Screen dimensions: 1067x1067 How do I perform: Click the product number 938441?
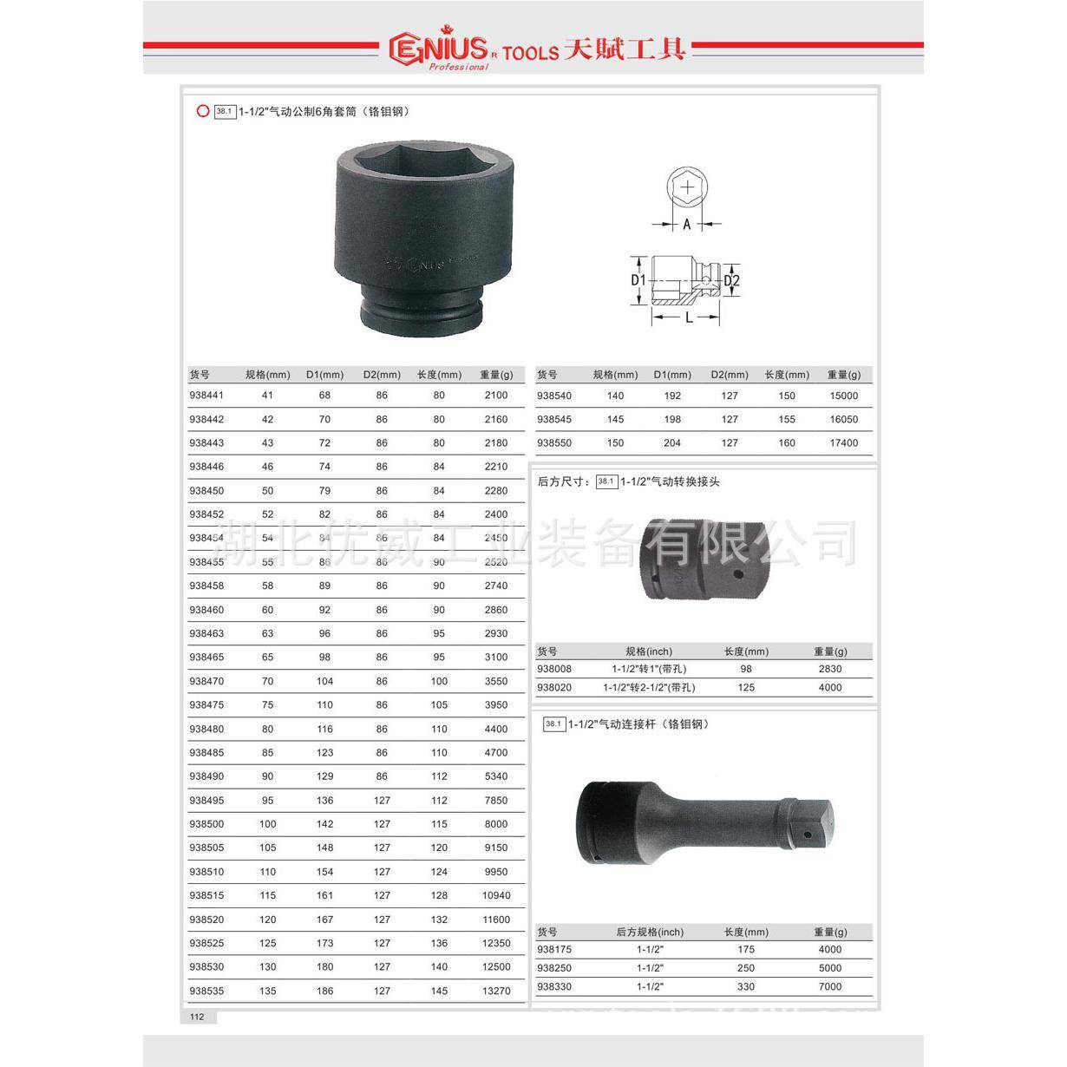pos(206,396)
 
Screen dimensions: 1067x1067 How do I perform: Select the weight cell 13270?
pos(496,991)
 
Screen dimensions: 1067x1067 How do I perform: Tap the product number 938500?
pos(206,824)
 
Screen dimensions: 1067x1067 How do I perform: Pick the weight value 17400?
pos(843,443)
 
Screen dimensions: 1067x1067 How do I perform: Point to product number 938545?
pos(554,420)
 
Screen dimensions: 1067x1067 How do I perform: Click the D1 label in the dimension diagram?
pos(638,280)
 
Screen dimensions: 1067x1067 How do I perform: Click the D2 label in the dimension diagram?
pos(731,280)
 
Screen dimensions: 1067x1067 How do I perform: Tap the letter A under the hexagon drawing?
pos(686,225)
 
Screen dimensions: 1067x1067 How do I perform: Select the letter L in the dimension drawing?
pos(689,318)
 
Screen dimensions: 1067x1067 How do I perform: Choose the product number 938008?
pos(554,670)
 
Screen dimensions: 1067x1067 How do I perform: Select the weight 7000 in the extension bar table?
pos(830,987)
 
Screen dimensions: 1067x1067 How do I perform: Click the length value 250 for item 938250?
pos(746,968)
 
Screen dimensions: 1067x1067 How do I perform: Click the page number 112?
pos(197,1017)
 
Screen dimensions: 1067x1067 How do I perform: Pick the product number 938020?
pos(554,688)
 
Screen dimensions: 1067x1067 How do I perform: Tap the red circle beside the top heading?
pos(203,111)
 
